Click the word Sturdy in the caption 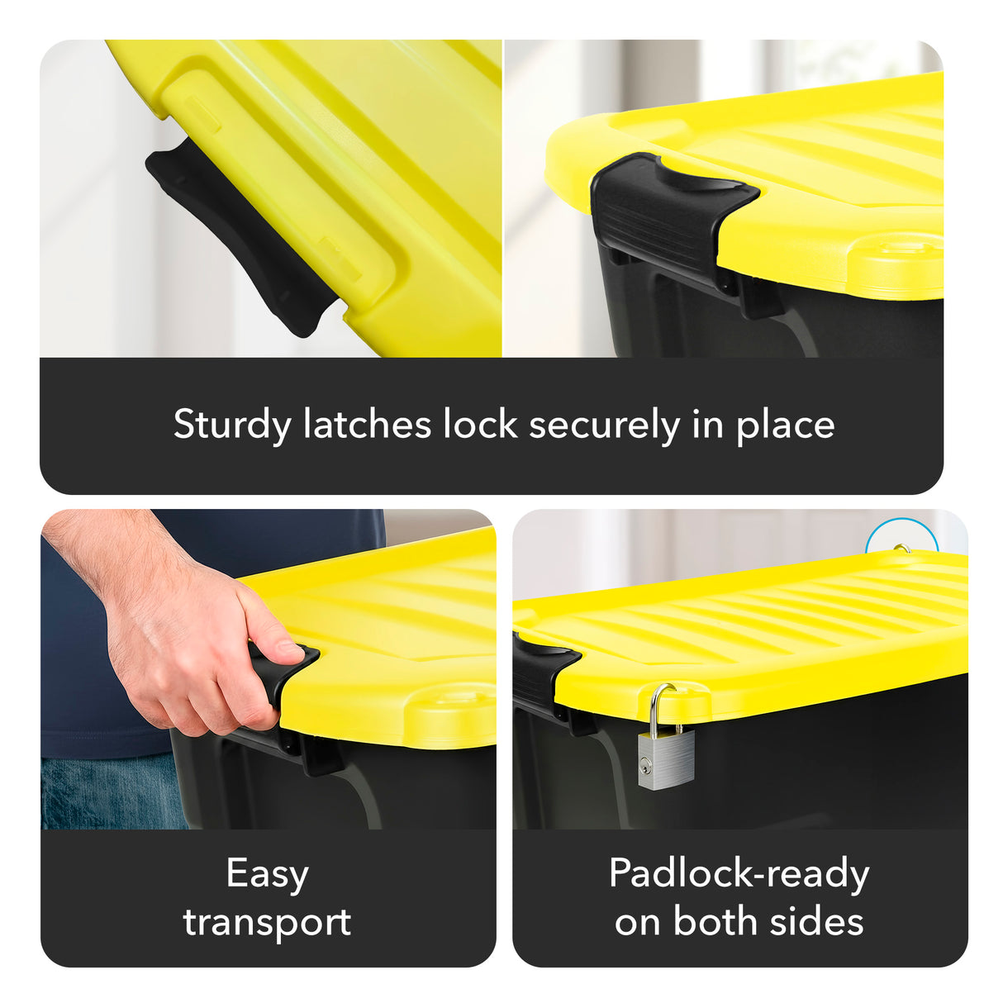pos(232,425)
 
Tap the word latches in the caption pos(368,425)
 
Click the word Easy pos(267,874)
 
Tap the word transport pos(267,922)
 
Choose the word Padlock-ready pos(739,874)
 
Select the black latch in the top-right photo pos(661,211)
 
